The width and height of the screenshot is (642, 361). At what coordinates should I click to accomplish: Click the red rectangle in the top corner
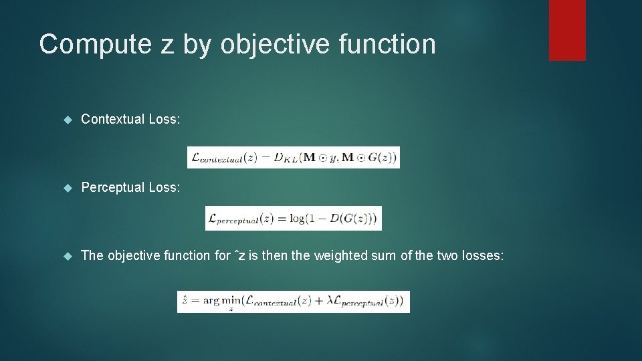[567, 30]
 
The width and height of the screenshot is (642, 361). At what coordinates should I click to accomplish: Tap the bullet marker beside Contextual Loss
[66, 120]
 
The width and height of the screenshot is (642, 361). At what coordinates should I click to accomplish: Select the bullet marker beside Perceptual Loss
[66, 188]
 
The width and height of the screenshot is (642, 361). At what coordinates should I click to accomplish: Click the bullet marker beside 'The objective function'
[66, 256]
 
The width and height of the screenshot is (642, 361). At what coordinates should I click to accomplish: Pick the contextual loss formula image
[294, 157]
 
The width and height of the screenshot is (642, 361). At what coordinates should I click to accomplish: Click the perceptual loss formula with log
[294, 219]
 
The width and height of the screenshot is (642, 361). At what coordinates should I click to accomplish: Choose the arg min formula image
[294, 302]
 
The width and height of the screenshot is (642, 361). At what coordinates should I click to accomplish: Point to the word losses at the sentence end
[482, 255]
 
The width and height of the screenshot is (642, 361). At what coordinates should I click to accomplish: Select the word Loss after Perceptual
[165, 187]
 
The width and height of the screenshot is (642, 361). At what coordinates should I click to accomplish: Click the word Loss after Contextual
[165, 119]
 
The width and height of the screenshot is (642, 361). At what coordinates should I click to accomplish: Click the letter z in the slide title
[164, 45]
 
